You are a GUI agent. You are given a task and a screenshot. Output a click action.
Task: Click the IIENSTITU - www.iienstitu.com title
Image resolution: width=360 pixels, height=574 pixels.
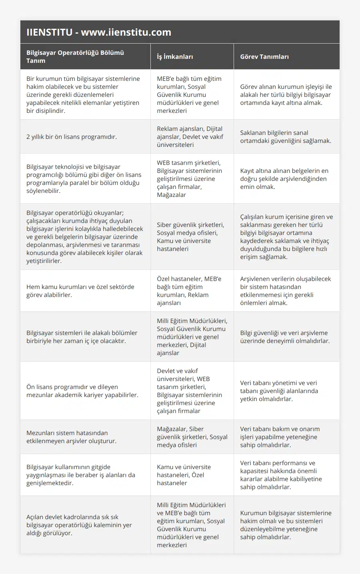[x=99, y=32]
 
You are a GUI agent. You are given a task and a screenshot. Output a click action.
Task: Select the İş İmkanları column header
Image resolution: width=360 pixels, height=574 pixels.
[x=175, y=57]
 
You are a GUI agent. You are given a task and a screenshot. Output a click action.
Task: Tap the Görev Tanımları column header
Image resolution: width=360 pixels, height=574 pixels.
[x=264, y=57]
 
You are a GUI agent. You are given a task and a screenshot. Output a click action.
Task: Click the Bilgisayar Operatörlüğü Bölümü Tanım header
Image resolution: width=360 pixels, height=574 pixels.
[x=75, y=57]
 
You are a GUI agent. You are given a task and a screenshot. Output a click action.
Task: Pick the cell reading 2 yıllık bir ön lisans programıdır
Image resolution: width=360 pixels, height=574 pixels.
[x=72, y=137]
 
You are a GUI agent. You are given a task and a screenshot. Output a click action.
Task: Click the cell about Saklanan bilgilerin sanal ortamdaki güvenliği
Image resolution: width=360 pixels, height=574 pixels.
[x=286, y=137]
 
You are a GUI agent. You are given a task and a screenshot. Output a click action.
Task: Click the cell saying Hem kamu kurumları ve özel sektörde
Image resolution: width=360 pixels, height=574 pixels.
[x=80, y=291]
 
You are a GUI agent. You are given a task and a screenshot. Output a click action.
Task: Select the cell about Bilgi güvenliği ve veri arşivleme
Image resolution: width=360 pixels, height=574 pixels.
[x=285, y=337]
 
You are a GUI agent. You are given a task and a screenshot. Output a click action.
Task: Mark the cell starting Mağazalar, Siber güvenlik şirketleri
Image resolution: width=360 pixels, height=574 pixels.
[x=192, y=437]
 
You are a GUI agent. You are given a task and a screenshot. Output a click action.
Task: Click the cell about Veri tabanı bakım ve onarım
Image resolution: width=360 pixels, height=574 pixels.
[x=280, y=437]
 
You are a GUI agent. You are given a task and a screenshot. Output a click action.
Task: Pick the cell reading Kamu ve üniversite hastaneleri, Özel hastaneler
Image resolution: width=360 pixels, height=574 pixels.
[x=184, y=475]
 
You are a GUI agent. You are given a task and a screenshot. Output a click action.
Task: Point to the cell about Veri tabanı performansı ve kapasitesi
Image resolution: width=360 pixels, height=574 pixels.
[x=281, y=475]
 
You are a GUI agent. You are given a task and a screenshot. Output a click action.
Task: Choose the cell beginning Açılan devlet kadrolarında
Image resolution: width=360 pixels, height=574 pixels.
[x=79, y=525]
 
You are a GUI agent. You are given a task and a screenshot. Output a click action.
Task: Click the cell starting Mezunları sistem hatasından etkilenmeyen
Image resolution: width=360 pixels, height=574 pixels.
[x=72, y=437]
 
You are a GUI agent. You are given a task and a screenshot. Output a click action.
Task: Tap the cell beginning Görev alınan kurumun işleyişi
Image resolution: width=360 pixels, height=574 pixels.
[x=286, y=95]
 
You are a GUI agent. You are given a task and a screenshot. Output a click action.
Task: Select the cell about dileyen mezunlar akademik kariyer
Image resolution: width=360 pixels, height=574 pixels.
[x=82, y=391]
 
